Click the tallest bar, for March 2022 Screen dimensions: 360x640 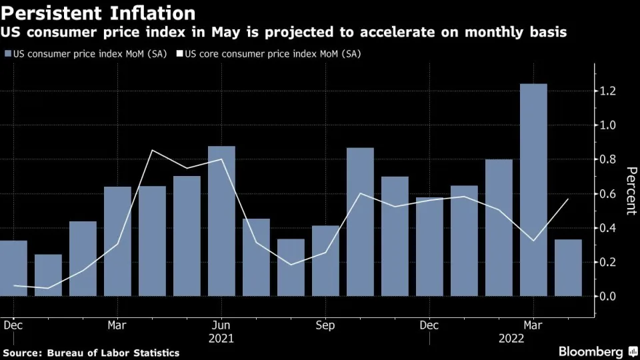pos(533,190)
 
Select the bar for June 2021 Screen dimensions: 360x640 pos(221,221)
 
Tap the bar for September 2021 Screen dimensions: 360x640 pos(325,261)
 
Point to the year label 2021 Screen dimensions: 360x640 pos(221,339)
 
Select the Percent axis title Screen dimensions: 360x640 pos(629,190)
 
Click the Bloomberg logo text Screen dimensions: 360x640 pos(591,351)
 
